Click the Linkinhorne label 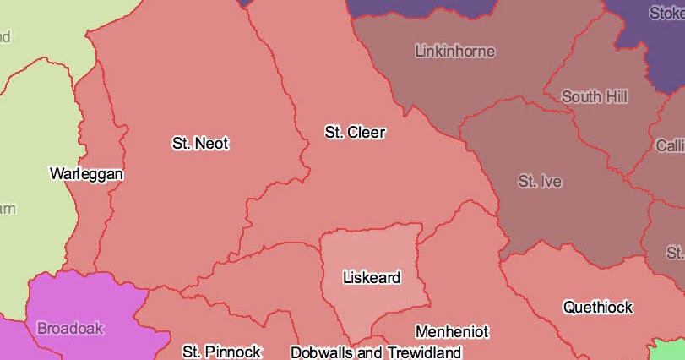coord(455,52)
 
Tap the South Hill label coord(595,97)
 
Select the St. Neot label coord(200,144)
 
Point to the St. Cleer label coord(355,133)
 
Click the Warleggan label coord(86,174)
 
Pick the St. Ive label coord(540,182)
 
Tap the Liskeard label coord(372,277)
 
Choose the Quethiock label coord(598,307)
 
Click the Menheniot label coord(452,332)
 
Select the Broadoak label coord(70,328)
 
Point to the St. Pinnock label coord(222,352)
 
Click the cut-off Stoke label coord(666,14)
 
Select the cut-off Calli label coord(670,146)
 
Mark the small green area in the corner coord(672,349)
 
